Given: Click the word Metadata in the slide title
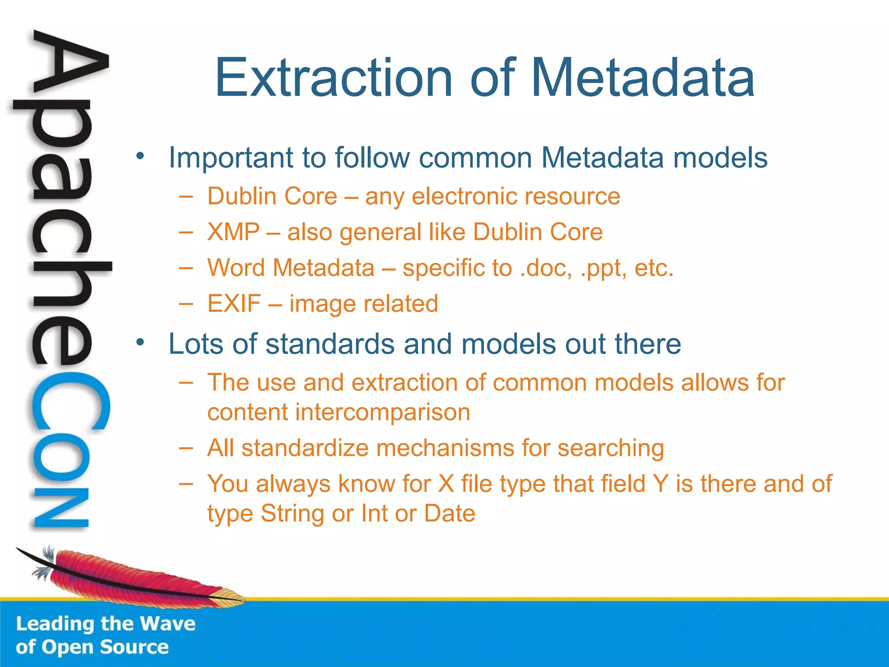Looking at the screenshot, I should point(642,78).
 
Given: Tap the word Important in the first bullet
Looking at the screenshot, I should point(230,158).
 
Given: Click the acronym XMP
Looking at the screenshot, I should point(234,232).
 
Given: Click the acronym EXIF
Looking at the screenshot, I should point(234,304).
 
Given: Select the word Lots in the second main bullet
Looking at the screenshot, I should point(196,344).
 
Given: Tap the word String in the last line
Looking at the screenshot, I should point(292,514).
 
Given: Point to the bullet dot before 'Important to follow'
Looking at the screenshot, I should point(139,156).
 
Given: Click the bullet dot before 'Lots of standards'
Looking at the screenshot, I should point(139,343).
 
